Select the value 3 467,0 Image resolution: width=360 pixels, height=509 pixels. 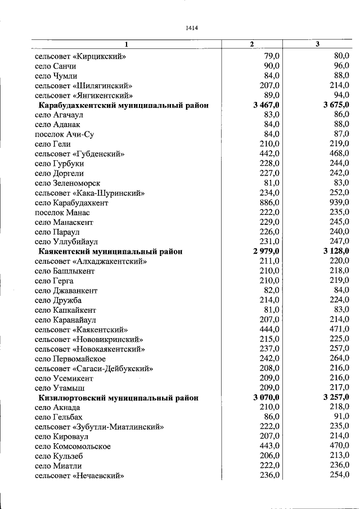267,105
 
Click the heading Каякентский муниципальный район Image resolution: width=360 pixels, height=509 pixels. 110,251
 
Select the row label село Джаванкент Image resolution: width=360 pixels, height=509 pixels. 66,290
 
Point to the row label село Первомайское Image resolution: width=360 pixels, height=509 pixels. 70,359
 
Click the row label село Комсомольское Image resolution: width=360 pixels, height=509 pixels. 73,446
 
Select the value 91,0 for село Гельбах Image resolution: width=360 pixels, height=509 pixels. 342,417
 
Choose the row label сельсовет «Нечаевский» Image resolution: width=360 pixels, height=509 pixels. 79,476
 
